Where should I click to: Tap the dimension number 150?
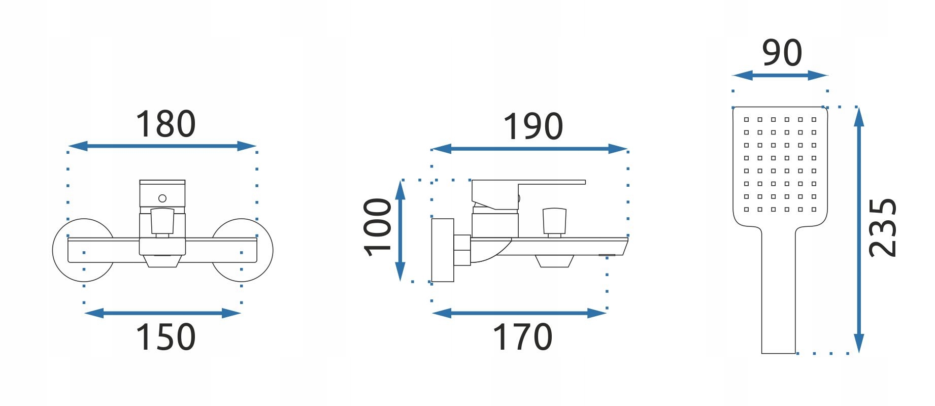click(x=165, y=337)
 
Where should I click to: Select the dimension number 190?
click(x=533, y=127)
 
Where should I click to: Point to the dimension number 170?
click(x=523, y=337)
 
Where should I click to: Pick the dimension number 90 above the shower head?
click(x=782, y=53)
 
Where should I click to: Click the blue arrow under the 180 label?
click(x=162, y=146)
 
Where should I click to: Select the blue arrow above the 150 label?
click(x=162, y=313)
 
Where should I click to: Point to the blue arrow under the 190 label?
click(x=529, y=149)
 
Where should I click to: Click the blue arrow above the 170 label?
click(x=519, y=313)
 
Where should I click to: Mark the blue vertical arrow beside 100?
click(x=400, y=230)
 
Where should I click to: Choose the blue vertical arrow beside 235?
click(x=858, y=230)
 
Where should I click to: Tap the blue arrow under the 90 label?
click(x=780, y=76)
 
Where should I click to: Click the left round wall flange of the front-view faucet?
click(x=76, y=250)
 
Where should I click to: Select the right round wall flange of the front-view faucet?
click(x=249, y=250)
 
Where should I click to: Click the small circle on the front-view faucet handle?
click(x=162, y=198)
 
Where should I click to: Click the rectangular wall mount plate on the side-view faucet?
click(x=443, y=250)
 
